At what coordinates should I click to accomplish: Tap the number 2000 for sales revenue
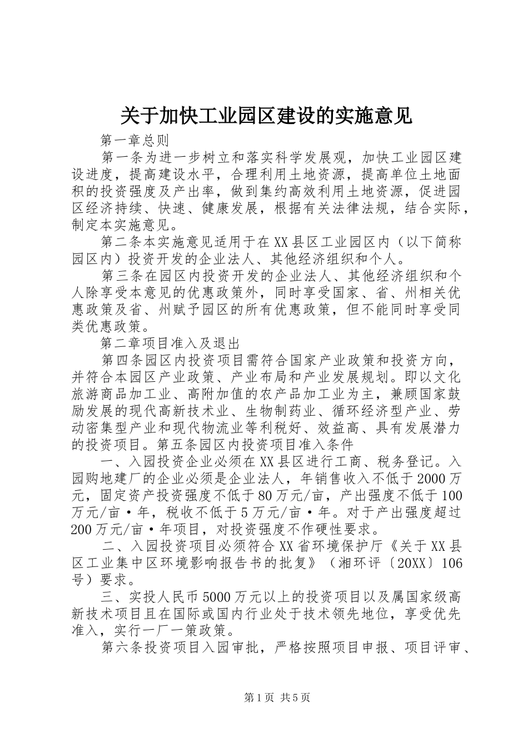click(432, 478)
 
